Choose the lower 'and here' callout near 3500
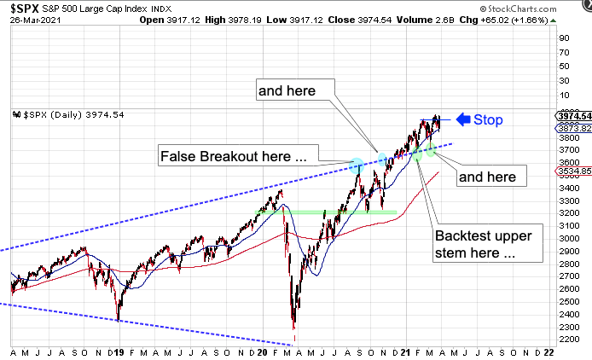(491, 177)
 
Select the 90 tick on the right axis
(562, 38)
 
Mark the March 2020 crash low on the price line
(294, 328)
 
